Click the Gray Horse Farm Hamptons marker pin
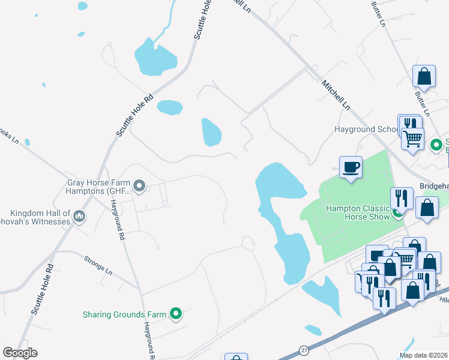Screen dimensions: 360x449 (x=139, y=186)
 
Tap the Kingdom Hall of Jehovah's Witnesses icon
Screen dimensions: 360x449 (x=79, y=216)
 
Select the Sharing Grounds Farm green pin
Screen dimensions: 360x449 (x=176, y=313)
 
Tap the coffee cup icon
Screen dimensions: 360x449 (x=351, y=167)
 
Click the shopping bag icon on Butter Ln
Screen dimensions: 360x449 (x=424, y=77)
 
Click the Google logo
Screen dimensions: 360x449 (x=20, y=353)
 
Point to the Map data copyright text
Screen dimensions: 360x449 (x=423, y=355)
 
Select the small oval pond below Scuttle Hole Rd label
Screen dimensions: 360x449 (x=170, y=107)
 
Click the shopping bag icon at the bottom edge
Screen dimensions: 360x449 (x=236, y=358)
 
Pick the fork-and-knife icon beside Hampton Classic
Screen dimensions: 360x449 (x=401, y=198)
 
